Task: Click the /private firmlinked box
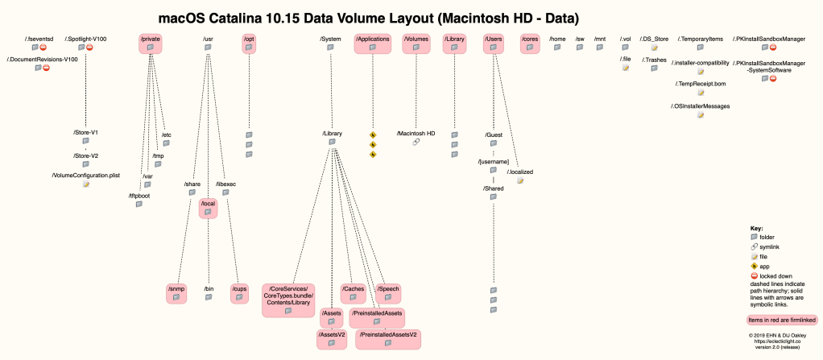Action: point(150,43)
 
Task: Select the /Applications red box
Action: point(373,43)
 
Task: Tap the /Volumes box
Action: point(416,43)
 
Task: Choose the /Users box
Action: point(494,43)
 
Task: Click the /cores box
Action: point(530,43)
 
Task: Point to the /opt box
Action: point(249,43)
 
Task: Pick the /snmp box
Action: point(176,293)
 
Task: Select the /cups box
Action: point(238,293)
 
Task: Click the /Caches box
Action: point(354,293)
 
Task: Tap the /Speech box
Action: point(388,293)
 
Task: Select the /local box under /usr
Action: point(208,209)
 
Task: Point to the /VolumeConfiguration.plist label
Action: point(85,175)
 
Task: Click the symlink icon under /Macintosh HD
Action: point(416,143)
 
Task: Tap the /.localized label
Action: point(520,172)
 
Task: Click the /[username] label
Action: point(494,162)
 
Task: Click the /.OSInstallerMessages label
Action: point(700,105)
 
